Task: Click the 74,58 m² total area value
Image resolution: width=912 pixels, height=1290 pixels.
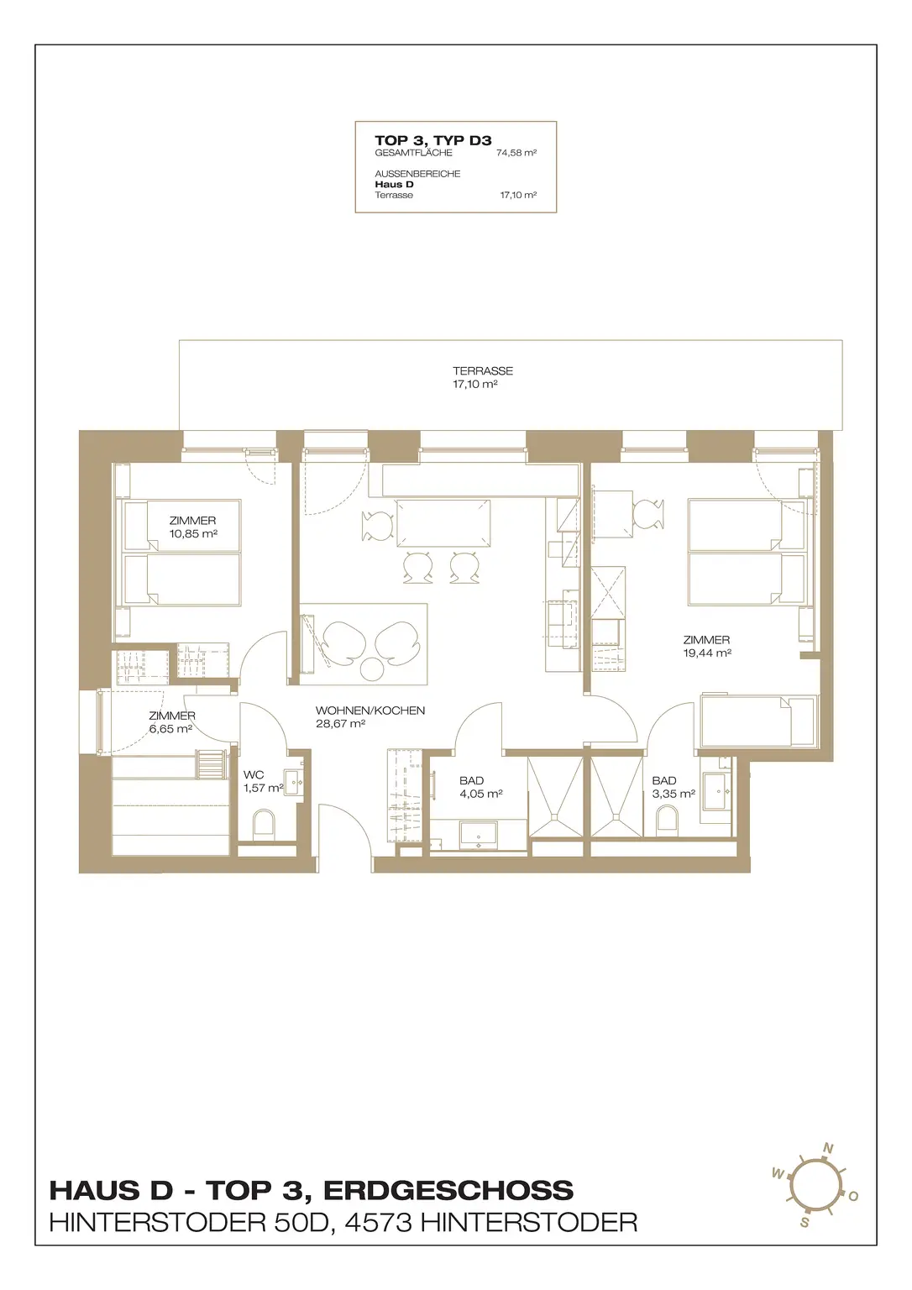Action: [x=516, y=153]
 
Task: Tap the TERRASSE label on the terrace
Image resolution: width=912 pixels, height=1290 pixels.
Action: [x=483, y=371]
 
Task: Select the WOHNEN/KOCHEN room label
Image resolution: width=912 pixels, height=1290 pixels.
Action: [x=370, y=711]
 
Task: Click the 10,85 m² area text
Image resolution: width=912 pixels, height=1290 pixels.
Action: [x=193, y=533]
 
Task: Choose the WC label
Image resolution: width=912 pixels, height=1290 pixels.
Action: [x=254, y=775]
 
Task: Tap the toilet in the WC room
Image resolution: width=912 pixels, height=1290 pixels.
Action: [x=265, y=824]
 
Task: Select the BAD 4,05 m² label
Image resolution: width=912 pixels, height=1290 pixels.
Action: [x=480, y=787]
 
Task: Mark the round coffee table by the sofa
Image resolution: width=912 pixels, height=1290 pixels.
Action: [x=372, y=669]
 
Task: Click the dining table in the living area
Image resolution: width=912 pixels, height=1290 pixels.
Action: [x=443, y=523]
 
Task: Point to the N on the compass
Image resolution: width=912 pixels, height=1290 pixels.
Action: [x=828, y=1148]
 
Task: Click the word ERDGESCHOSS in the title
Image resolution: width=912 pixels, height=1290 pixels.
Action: [x=448, y=1190]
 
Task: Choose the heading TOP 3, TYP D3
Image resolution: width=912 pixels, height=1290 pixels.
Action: [x=433, y=140]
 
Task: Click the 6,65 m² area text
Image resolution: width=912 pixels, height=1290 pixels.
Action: [x=170, y=728]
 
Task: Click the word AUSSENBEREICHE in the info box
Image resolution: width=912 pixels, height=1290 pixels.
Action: [x=417, y=174]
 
